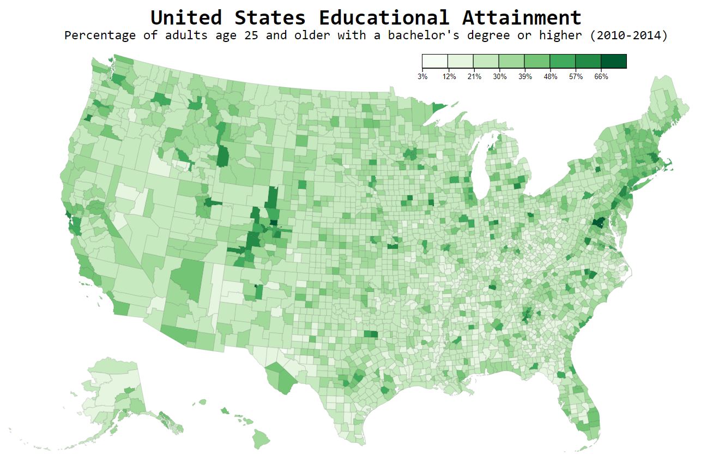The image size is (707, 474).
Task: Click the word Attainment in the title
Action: point(522,17)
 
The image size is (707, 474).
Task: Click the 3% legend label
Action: point(422,77)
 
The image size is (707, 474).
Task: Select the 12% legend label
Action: point(449,77)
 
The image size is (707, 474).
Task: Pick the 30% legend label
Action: point(499,77)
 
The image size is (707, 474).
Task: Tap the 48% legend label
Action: point(550,77)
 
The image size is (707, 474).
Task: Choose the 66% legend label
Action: point(601,77)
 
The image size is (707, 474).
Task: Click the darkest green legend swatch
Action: point(614,61)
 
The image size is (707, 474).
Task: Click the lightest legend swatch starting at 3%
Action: point(435,61)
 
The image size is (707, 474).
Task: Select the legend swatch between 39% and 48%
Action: point(537,61)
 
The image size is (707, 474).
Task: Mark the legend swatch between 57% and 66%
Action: point(588,61)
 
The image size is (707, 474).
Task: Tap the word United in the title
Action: point(186,17)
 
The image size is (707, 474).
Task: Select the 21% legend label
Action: point(474,77)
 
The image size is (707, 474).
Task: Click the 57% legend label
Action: point(576,77)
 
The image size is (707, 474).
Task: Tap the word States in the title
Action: point(270,17)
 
